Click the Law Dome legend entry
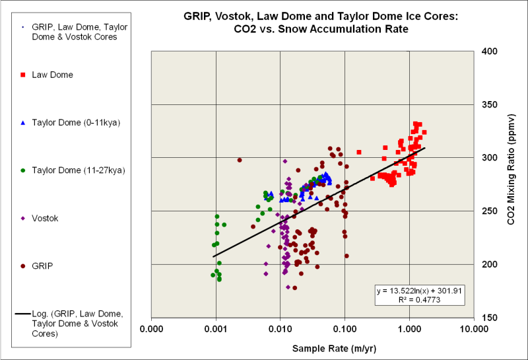(x=52, y=75)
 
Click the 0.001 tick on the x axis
(x=216, y=328)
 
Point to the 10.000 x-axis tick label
(x=474, y=328)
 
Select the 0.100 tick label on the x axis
(x=345, y=328)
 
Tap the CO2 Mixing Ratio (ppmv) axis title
(x=511, y=184)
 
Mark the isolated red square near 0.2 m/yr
(x=359, y=152)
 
